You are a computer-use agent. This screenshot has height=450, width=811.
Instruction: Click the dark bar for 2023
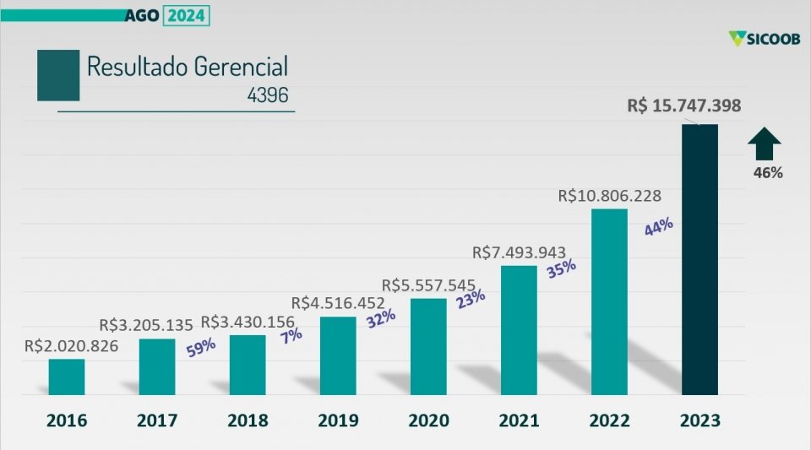[x=699, y=259]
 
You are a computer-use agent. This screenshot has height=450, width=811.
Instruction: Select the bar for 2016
[x=67, y=377]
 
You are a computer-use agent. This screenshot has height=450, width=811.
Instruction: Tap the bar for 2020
[x=428, y=346]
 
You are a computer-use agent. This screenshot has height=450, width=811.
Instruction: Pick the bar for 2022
[x=609, y=301]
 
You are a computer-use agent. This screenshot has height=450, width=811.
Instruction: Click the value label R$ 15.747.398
[x=684, y=106]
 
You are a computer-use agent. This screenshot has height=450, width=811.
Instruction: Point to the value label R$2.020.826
[x=72, y=345]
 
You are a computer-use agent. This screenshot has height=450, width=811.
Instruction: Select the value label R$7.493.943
[x=519, y=252]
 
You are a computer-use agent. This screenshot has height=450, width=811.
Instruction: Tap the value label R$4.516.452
[x=338, y=302]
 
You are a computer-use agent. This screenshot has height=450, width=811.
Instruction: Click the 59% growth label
[x=201, y=346]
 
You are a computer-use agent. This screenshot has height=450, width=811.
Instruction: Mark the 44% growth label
[x=658, y=226]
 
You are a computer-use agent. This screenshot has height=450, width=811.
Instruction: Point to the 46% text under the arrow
[x=768, y=173]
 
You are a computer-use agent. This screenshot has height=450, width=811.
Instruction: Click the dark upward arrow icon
[x=766, y=144]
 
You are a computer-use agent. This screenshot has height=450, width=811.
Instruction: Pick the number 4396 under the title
[x=268, y=95]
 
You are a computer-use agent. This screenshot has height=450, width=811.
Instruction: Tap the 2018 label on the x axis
[x=248, y=420]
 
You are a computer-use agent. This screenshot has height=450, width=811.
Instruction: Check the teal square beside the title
[x=58, y=76]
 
